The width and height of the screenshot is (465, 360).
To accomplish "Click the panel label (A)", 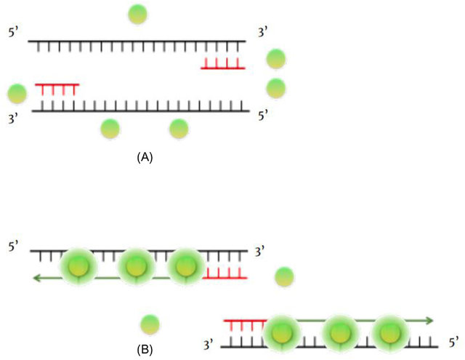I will click(145, 156).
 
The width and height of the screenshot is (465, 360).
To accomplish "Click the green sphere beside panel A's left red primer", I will click(17, 93).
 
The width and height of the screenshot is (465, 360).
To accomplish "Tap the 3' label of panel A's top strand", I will click(263, 33).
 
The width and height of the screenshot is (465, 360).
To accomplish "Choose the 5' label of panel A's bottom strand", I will click(262, 115).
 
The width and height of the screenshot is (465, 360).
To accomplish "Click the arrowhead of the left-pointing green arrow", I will click(33, 277).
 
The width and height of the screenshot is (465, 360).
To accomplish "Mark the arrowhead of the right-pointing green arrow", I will click(430, 320).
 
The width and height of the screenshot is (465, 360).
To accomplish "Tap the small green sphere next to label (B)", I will click(150, 324).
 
